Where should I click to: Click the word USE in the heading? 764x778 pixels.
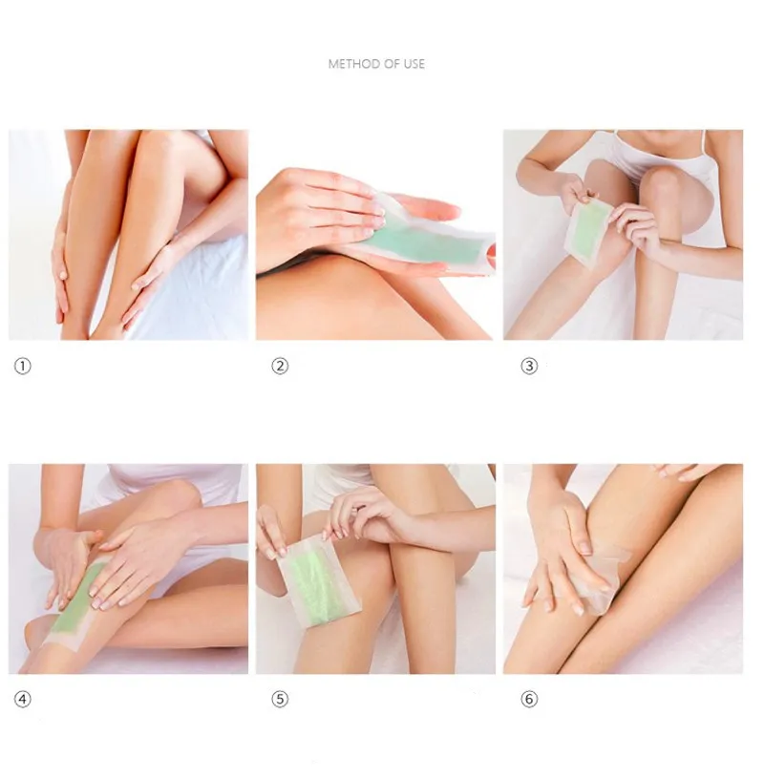[414, 64]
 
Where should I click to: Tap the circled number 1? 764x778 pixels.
[22, 367]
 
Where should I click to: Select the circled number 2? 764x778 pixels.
[280, 367]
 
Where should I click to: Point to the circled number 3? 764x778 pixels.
[529, 367]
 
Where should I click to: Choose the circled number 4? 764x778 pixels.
[22, 700]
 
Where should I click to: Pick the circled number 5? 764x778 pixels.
[280, 700]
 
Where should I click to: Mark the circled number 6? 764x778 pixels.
[529, 700]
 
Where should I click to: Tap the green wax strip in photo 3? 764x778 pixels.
[590, 231]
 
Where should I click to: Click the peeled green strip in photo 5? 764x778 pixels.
[318, 580]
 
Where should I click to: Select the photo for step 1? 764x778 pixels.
[128, 235]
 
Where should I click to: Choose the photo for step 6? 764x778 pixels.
[623, 569]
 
